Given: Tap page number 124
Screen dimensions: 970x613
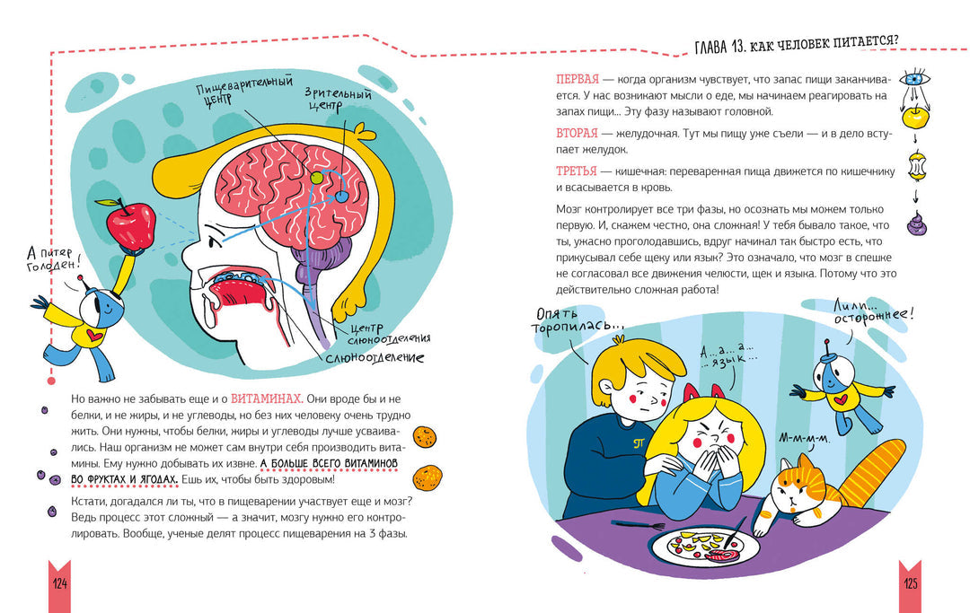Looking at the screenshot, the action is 60,583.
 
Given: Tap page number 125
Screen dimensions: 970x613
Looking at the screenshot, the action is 910,583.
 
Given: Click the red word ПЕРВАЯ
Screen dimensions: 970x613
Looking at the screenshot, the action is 578,79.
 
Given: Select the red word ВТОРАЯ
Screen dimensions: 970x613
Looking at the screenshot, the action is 577,133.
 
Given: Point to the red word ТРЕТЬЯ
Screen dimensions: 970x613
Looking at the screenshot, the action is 576,171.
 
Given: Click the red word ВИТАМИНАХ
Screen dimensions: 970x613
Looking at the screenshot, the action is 266,398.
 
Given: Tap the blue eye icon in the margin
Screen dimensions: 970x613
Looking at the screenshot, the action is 914,79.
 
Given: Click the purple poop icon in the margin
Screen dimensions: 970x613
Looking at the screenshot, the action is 916,223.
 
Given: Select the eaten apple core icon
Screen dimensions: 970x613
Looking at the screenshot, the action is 916,166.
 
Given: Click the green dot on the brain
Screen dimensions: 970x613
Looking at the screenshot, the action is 317,178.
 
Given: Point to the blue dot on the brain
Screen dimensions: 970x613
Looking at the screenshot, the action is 342,197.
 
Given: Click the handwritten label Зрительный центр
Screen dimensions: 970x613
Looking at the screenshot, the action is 338,99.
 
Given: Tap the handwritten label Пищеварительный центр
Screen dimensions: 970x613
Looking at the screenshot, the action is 244,91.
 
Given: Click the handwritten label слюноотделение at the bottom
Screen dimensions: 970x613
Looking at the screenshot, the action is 375,357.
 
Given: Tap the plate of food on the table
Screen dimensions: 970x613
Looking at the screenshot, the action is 705,547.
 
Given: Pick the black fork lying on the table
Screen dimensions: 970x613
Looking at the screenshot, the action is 638,526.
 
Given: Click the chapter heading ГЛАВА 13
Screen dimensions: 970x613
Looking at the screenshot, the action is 797,44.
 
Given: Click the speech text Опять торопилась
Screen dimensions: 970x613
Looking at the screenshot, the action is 578,320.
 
